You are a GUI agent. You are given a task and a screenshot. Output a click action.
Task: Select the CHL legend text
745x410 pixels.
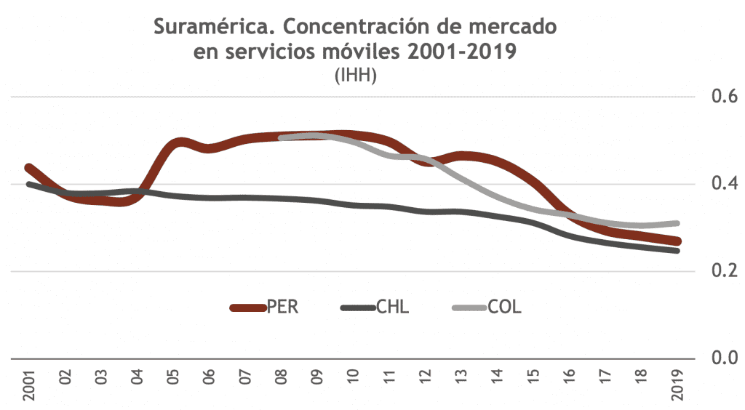393,307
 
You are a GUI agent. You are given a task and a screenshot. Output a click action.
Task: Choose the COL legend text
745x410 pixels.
505,307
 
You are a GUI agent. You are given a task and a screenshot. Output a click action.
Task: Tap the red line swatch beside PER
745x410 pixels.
247,308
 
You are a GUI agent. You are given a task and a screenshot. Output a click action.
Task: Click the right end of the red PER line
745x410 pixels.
678,241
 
